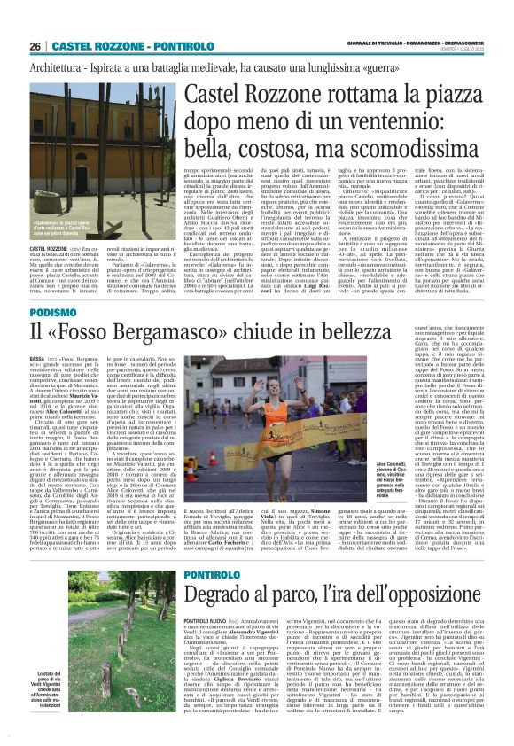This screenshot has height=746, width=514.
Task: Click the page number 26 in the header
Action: [35, 46]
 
